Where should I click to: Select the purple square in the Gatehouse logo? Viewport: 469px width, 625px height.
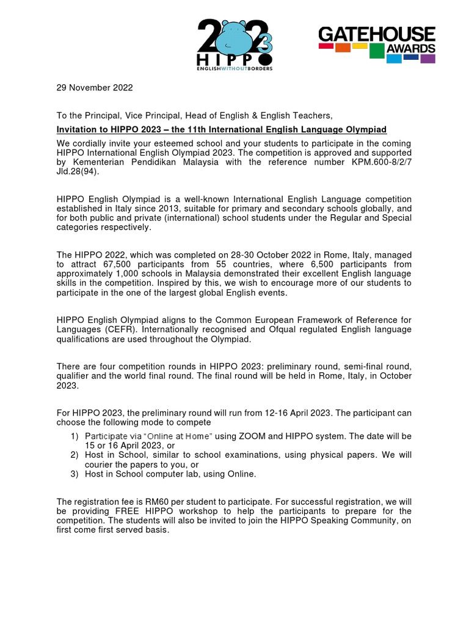pyautogui.click(x=428, y=59)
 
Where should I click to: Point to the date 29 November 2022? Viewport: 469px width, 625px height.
pyautogui.click(x=95, y=87)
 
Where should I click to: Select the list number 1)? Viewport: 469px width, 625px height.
pyautogui.click(x=75, y=436)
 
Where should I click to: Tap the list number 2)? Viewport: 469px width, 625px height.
pyautogui.click(x=75, y=455)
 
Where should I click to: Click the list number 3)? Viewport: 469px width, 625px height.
pyautogui.click(x=75, y=474)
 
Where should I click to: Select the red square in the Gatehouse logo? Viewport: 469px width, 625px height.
pyautogui.click(x=326, y=46)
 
